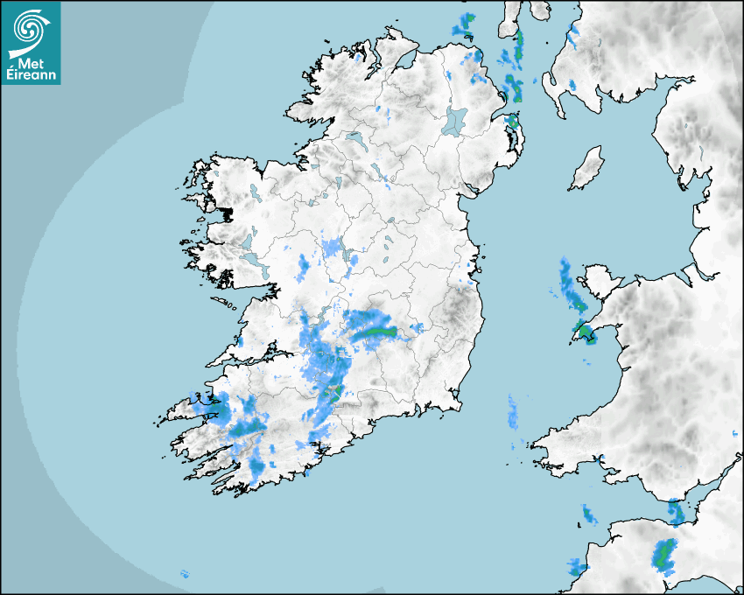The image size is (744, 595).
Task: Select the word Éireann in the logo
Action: (31, 75)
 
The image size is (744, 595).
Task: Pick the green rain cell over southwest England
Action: (664, 553)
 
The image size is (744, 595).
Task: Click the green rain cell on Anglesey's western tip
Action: (583, 332)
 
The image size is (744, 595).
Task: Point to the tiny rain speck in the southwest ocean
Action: (184, 574)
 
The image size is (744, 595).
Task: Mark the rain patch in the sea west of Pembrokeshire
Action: (512, 411)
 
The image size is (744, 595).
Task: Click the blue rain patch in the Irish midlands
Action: (333, 249)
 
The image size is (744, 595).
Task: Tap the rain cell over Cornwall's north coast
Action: (590, 514)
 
